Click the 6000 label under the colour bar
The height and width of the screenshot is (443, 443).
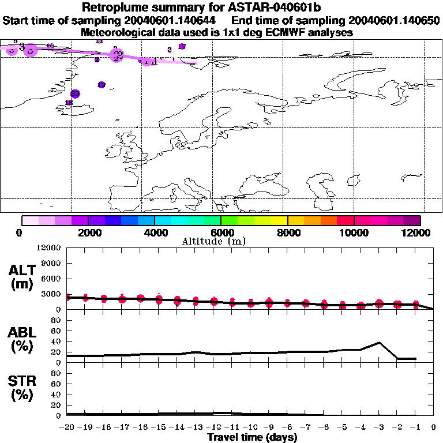[x=221, y=232]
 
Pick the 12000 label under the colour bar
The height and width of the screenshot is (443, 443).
[x=418, y=232]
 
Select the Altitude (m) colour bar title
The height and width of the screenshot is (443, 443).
[x=213, y=241]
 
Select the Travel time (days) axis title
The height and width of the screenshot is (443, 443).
[x=252, y=437]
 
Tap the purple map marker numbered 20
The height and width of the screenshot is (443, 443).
[x=74, y=93]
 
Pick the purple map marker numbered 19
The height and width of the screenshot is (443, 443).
[x=102, y=85]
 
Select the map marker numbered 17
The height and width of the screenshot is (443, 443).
[x=182, y=46]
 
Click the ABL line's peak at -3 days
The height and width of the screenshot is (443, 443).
[x=378, y=343]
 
